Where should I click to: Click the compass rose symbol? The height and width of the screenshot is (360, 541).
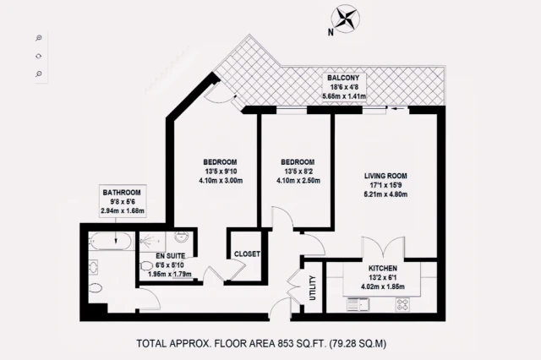click(x=346, y=19)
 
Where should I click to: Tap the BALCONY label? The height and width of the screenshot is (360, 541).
click(x=343, y=78)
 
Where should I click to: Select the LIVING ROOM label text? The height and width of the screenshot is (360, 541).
click(x=385, y=176)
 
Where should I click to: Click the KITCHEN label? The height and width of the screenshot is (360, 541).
click(x=383, y=268)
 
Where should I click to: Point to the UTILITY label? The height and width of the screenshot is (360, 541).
click(x=313, y=287)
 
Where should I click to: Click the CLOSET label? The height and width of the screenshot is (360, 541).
click(x=247, y=254)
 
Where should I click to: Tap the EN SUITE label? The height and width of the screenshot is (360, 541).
click(x=171, y=256)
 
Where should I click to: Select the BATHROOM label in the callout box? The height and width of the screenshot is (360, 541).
click(x=122, y=193)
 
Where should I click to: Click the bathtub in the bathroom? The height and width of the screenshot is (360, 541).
click(x=111, y=240)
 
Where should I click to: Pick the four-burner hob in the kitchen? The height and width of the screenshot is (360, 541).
click(x=402, y=304)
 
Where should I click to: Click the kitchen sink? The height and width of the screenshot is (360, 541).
click(x=358, y=304)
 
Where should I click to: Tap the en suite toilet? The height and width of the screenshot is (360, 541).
click(x=146, y=266)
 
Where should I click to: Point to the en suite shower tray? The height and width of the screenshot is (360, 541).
click(x=152, y=240)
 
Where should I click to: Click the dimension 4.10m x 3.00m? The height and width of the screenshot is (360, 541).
click(x=221, y=180)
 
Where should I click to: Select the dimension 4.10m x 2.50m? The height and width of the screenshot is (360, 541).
click(x=298, y=180)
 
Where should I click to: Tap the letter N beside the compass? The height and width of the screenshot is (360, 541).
click(x=331, y=32)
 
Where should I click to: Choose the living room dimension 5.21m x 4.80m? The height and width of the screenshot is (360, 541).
click(x=385, y=194)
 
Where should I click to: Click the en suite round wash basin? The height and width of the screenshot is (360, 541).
click(x=181, y=237)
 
